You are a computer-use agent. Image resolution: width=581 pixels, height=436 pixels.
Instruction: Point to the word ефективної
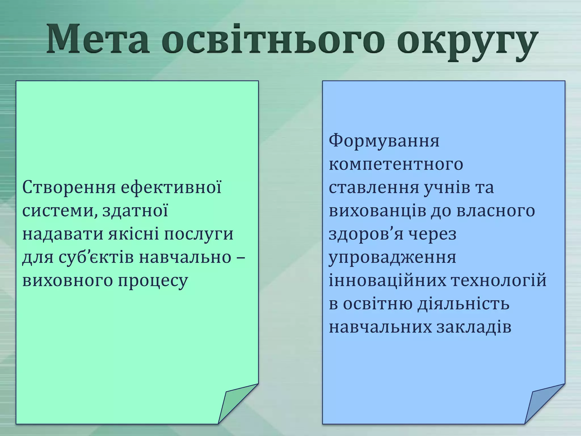(x=171, y=187)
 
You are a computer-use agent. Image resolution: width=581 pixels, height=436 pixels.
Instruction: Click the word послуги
(x=199, y=234)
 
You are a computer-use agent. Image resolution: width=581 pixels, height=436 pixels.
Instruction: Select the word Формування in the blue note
(x=384, y=141)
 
